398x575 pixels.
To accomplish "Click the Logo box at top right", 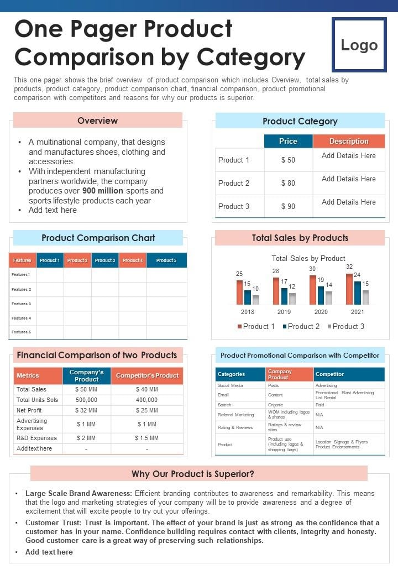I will (x=359, y=45).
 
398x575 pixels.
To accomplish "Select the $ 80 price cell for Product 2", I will (x=288, y=183).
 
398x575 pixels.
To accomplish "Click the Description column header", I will (x=349, y=141).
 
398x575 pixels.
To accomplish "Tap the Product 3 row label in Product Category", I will (x=234, y=206).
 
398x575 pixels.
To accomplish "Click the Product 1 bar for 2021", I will (x=349, y=289).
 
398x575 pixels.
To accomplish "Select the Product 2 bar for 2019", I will (x=284, y=296).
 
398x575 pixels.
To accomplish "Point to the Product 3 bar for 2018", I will (x=256, y=300).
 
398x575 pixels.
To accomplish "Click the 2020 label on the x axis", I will (x=321, y=312).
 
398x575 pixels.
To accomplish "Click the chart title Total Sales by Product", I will (x=308, y=258).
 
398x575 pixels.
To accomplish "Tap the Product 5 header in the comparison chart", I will (x=166, y=260).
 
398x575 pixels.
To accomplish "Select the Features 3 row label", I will (x=21, y=304).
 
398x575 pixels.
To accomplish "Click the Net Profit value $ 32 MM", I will (x=86, y=410).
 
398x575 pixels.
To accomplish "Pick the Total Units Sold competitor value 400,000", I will (x=146, y=400).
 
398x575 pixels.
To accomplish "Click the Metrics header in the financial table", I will (x=28, y=375).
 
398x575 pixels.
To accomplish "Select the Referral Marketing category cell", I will (x=236, y=415).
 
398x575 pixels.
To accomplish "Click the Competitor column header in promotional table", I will (x=329, y=374).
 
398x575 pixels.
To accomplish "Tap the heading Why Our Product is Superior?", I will (x=193, y=474).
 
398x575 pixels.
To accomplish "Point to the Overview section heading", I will (x=97, y=121).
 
